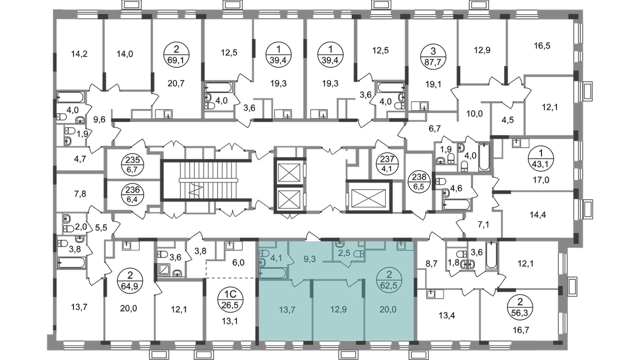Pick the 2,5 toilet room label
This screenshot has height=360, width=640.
pyautogui.click(x=345, y=254)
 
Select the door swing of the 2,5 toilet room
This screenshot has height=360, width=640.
pyautogui.click(x=348, y=265)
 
